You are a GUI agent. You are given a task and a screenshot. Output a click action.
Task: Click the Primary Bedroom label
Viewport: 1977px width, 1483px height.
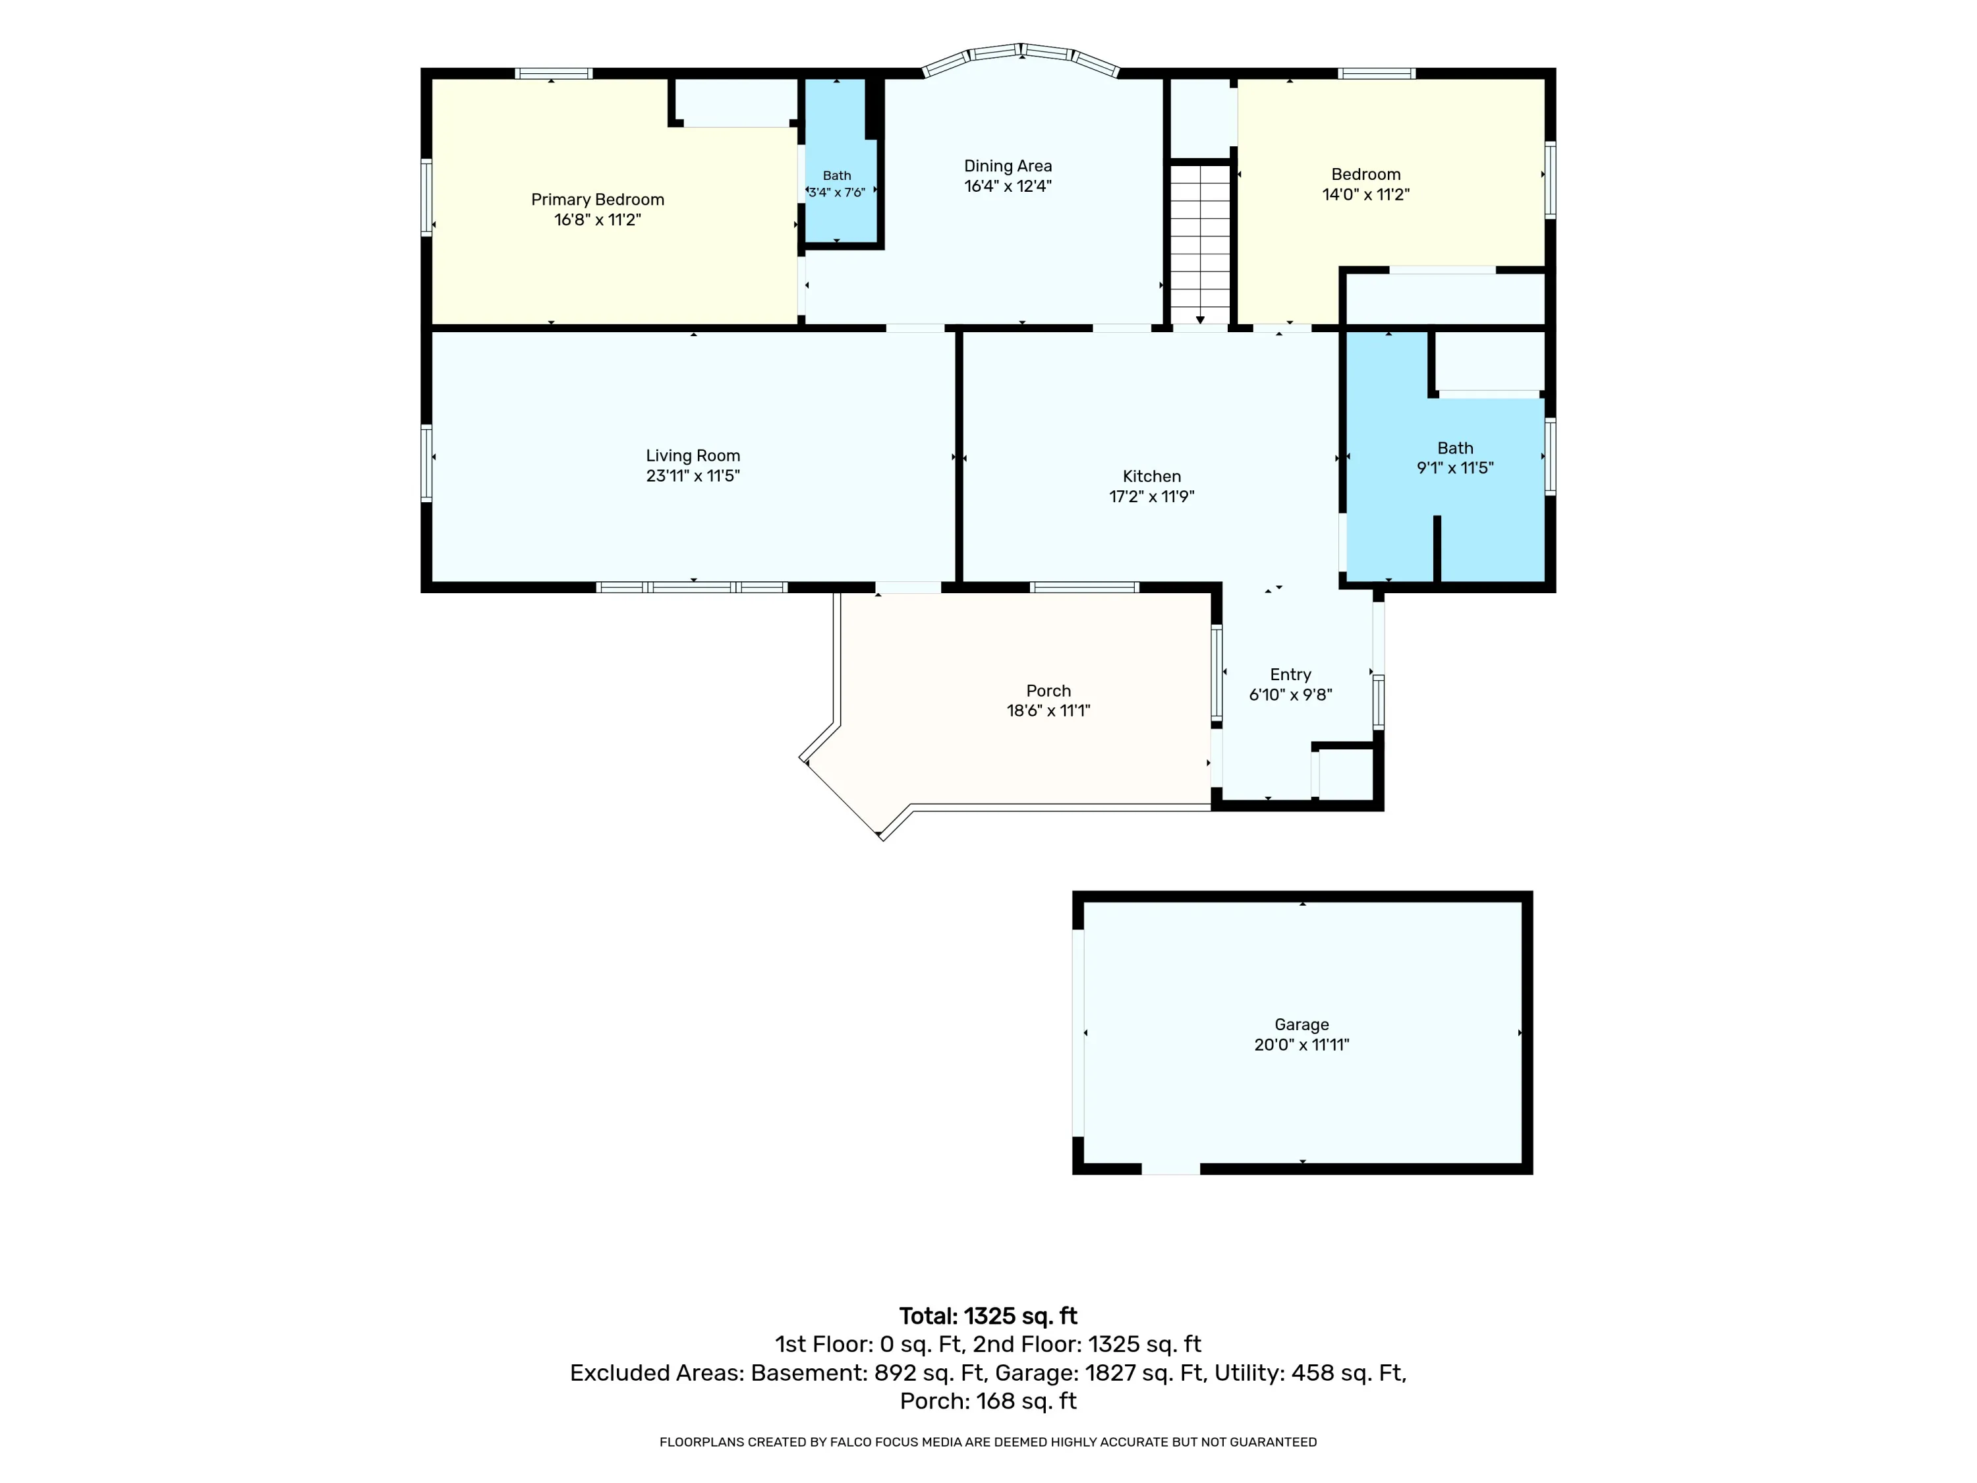click(598, 199)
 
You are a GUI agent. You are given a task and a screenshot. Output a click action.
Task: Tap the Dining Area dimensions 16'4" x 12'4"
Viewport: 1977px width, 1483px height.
click(1008, 186)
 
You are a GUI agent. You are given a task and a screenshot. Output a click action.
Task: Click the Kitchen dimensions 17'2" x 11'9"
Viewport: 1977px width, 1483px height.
click(1152, 496)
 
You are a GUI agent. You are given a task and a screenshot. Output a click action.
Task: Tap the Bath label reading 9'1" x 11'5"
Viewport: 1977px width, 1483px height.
click(1455, 457)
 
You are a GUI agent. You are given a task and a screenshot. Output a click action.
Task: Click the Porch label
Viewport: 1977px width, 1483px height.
click(1048, 691)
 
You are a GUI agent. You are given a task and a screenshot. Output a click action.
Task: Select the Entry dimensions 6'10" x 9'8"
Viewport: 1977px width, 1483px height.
click(1290, 695)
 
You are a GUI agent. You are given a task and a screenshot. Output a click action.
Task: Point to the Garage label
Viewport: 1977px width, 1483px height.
click(1302, 1024)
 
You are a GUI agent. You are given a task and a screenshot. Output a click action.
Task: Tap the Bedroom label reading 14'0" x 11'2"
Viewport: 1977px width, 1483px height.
click(1365, 184)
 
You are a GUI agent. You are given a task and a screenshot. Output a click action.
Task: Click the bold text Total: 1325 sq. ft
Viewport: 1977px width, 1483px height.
click(988, 1316)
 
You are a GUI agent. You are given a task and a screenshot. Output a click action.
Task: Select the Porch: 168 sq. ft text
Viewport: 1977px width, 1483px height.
click(988, 1401)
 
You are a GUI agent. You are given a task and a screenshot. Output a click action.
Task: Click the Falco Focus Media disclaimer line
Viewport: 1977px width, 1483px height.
click(988, 1442)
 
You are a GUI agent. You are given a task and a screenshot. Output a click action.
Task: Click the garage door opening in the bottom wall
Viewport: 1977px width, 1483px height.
click(1171, 1169)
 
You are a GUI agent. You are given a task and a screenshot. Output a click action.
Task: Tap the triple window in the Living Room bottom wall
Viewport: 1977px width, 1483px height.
click(692, 587)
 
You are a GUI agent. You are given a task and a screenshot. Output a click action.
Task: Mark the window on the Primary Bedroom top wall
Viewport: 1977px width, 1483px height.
click(554, 73)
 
